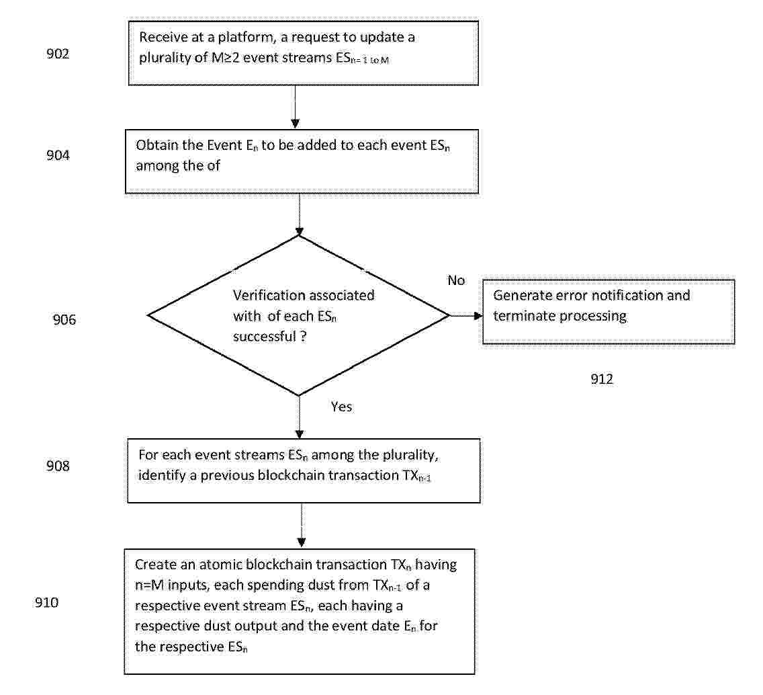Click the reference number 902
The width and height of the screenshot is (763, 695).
(x=58, y=54)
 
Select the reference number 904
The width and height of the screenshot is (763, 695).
(x=58, y=155)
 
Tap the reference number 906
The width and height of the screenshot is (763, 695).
(x=64, y=319)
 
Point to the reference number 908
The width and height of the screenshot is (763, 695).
(x=58, y=466)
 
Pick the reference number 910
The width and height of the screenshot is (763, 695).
(x=47, y=603)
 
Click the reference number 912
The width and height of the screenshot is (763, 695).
(x=602, y=379)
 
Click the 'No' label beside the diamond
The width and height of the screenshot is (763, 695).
(x=457, y=280)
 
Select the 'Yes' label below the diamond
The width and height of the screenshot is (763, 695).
(x=342, y=407)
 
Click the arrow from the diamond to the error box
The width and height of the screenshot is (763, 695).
(x=465, y=316)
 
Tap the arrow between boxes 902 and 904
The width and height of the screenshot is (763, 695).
(x=295, y=107)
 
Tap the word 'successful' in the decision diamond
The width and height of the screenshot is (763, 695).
(x=265, y=337)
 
